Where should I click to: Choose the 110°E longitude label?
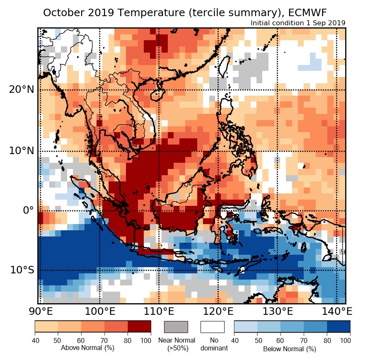click(x=159, y=311)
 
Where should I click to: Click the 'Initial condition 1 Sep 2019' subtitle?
click(x=298, y=23)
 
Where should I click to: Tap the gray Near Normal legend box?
click(x=176, y=327)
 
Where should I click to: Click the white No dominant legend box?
click(x=212, y=327)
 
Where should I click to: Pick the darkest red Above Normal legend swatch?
click(x=139, y=327)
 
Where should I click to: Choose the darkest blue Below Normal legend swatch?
click(x=339, y=327)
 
